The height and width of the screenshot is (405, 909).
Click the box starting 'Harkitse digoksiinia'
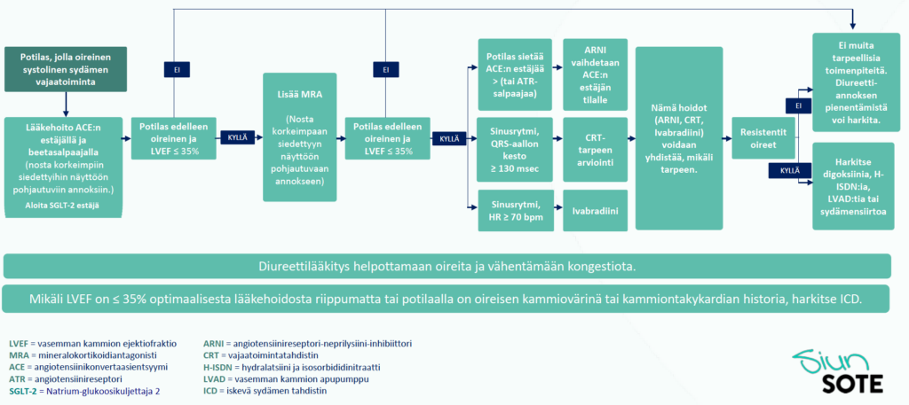click(x=850, y=185)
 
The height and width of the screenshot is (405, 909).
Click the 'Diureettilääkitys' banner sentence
click(x=447, y=267)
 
